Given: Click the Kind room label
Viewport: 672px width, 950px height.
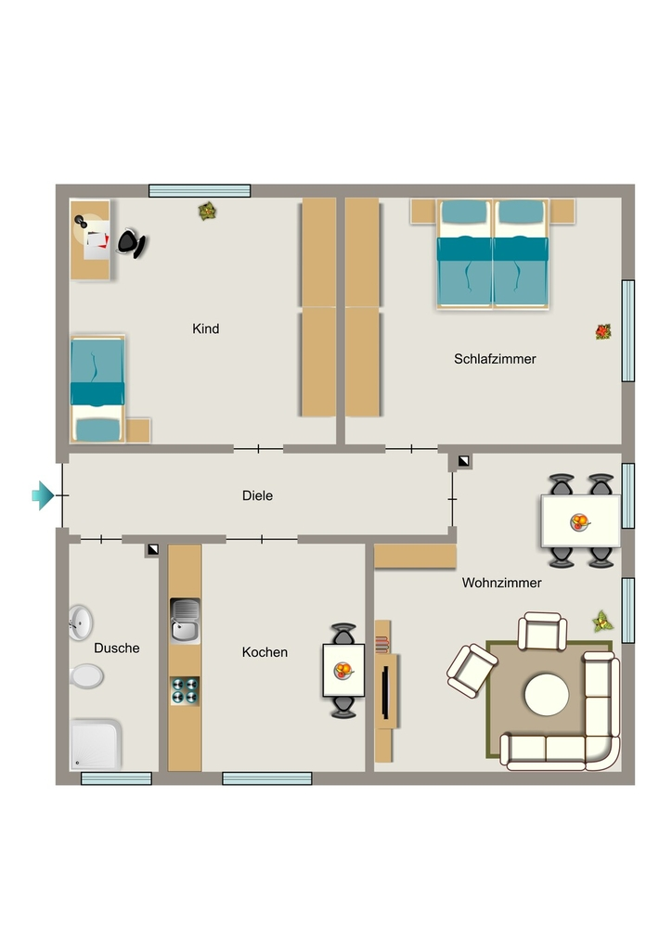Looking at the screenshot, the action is (x=205, y=329).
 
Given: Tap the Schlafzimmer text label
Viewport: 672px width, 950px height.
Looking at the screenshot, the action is (x=495, y=359).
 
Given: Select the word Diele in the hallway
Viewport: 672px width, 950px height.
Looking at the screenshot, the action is (x=257, y=495).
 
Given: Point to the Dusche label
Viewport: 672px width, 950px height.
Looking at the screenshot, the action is (x=117, y=648).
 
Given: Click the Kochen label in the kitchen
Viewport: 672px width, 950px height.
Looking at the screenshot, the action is (x=265, y=652).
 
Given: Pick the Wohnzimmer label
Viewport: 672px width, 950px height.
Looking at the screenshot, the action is (x=502, y=583).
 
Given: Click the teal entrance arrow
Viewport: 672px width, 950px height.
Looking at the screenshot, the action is (x=43, y=495).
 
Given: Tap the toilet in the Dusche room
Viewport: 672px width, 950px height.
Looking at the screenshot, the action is (x=86, y=676).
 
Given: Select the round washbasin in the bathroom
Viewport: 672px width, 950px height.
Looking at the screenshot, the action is (x=80, y=623).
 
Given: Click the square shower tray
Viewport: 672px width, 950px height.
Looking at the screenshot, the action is (x=96, y=744).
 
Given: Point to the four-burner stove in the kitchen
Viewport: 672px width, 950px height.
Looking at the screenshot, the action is (x=185, y=690).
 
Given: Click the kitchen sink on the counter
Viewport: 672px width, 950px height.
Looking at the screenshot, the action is (x=185, y=621).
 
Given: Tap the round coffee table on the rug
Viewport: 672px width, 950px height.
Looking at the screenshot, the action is (x=547, y=695).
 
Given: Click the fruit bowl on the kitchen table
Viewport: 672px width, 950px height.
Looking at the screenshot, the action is (x=343, y=671).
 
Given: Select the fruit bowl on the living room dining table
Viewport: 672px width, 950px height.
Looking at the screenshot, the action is (x=580, y=521).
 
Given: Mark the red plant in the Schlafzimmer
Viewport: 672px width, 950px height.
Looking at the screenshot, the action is (x=603, y=331).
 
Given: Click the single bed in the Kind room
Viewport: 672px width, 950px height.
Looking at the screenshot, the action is (x=98, y=389).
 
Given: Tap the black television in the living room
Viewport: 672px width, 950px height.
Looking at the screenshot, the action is (x=384, y=691).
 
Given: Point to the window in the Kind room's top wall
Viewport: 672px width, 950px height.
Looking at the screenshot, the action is (x=200, y=191).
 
